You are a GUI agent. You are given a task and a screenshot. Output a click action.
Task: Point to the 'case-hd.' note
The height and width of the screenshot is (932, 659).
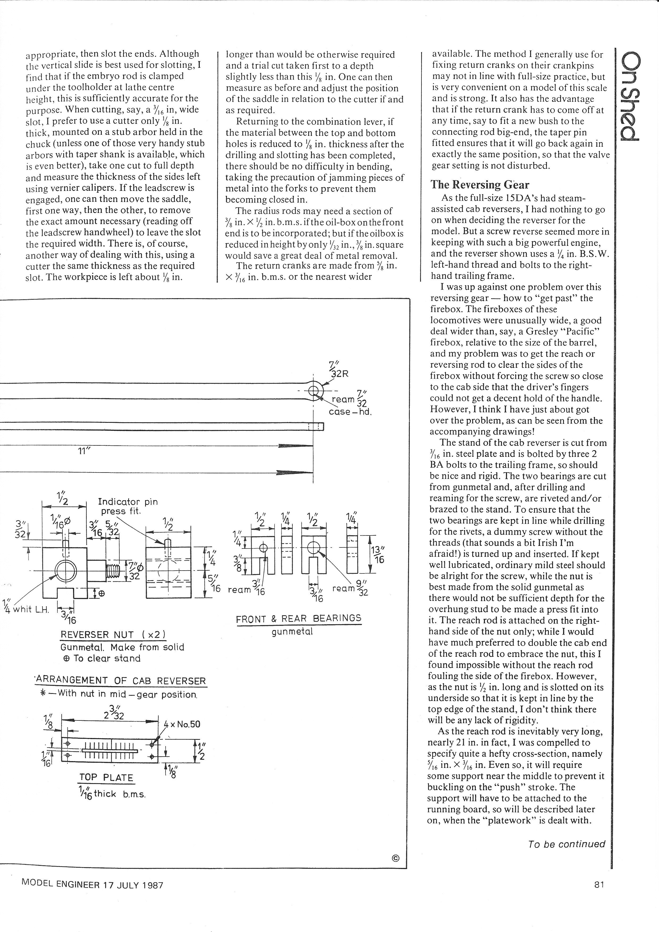click(350, 412)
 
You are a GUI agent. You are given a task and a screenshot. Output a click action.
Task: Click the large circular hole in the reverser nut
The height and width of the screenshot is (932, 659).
click(65, 571)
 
